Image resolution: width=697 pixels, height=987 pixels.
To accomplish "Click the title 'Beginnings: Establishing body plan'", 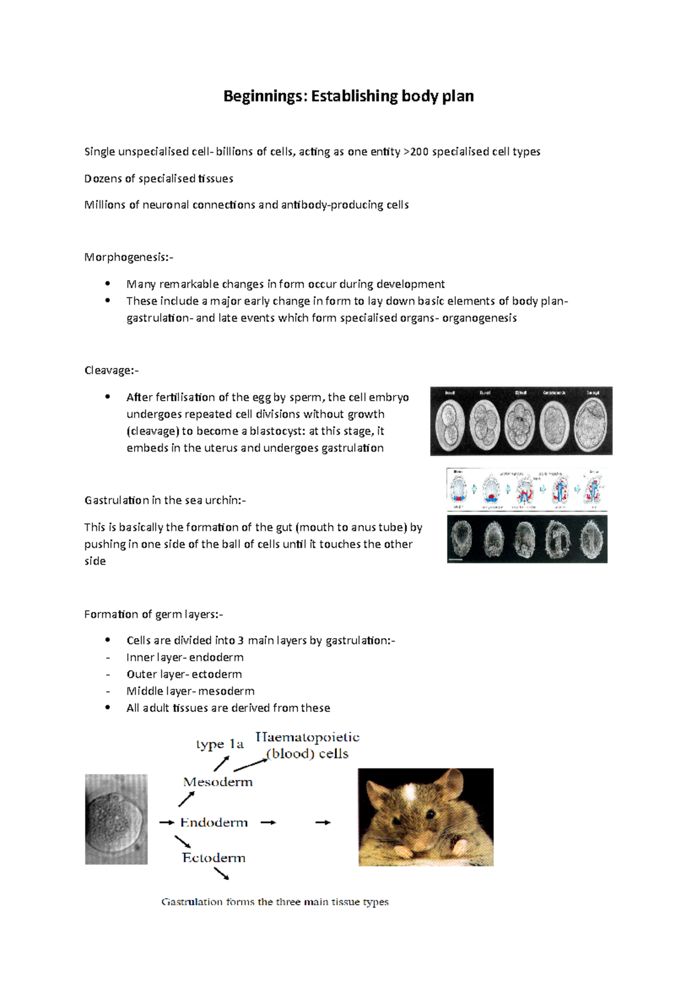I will click(x=348, y=96).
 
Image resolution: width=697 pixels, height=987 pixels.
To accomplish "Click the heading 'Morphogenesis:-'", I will click(x=128, y=257).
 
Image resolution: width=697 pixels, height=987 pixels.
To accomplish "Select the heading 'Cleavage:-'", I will click(x=112, y=370).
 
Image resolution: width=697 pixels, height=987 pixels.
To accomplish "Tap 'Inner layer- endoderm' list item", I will click(x=185, y=657).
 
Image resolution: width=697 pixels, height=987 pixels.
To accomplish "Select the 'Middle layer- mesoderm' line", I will click(x=190, y=691).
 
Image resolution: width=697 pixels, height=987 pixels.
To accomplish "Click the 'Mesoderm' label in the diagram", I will click(x=218, y=782).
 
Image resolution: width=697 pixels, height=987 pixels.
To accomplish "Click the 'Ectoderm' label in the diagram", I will click(x=214, y=858).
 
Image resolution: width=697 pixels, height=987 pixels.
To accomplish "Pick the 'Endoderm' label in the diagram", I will click(x=214, y=822).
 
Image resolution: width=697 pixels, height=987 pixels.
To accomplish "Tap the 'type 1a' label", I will click(x=220, y=745).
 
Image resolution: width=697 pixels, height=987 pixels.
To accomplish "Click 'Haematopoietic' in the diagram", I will click(x=307, y=737).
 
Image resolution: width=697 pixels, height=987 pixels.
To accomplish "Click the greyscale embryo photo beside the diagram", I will click(x=116, y=819).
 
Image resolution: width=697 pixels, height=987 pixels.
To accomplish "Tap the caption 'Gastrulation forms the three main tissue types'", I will click(x=275, y=902).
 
